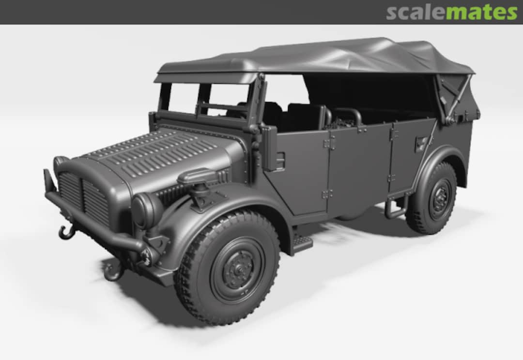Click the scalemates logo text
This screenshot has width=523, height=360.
click(x=451, y=12)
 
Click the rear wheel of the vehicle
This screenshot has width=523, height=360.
click(x=432, y=198)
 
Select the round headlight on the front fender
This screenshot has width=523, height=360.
click(x=145, y=210)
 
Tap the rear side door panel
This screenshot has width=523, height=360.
click(x=358, y=167)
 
